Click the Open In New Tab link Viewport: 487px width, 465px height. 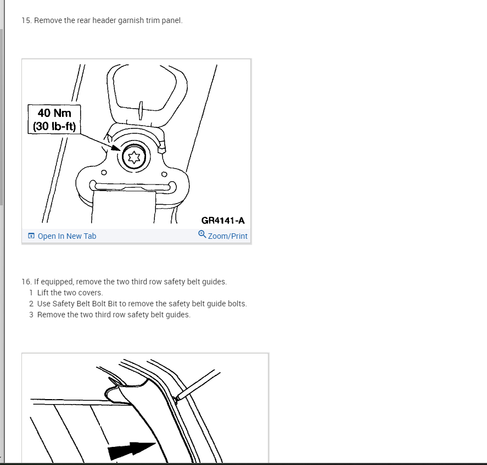tap(67, 236)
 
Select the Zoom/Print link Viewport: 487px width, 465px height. tap(228, 236)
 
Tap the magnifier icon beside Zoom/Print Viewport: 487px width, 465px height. tap(202, 234)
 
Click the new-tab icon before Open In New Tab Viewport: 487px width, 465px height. tap(31, 236)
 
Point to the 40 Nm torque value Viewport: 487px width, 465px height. tap(54, 113)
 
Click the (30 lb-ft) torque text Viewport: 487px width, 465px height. tap(54, 126)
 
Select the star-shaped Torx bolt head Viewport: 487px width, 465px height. tap(134, 157)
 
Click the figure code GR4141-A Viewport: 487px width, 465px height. tap(223, 221)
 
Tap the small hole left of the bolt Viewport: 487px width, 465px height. tap(104, 172)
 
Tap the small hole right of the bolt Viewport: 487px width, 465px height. tap(164, 174)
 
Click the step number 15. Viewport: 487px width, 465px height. tap(26, 20)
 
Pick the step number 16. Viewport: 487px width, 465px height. tap(26, 282)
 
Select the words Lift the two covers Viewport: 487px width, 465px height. tap(70, 293)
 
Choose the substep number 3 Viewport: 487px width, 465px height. tap(31, 315)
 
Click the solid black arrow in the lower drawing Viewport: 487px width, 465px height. tap(131, 450)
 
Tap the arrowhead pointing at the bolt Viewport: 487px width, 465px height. tap(116, 148)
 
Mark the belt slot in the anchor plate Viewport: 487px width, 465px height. tap(133, 186)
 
